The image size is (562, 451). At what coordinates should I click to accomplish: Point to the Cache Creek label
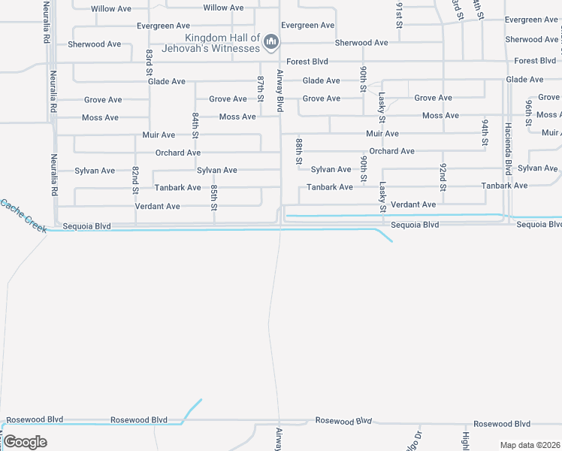(23, 215)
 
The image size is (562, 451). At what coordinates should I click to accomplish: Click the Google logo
(25, 441)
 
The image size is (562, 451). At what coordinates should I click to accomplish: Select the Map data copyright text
(529, 445)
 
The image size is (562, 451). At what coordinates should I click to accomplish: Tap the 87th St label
(261, 88)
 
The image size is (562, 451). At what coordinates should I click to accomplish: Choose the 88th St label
(299, 151)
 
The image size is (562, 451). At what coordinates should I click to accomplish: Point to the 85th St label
(214, 197)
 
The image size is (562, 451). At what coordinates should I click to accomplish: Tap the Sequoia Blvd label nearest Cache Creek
(87, 225)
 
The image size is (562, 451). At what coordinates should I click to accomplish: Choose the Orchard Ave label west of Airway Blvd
(178, 153)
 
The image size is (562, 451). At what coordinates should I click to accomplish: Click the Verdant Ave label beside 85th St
(158, 206)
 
